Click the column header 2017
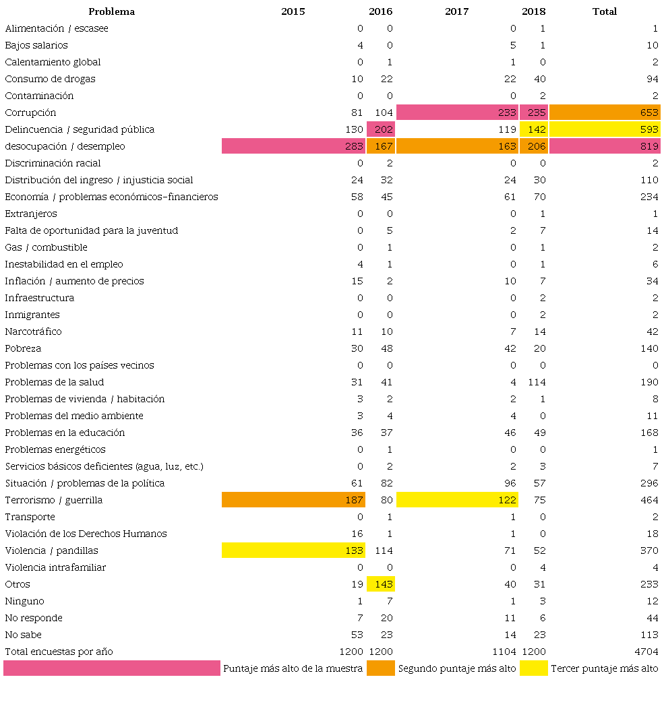(456, 11)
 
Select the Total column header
(604, 11)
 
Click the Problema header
(111, 11)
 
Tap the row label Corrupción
(30, 113)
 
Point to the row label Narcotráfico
(33, 332)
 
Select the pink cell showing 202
(381, 129)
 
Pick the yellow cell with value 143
(381, 584)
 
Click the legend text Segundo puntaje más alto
(457, 668)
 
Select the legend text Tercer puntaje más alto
(605, 668)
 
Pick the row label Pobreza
(23, 348)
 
